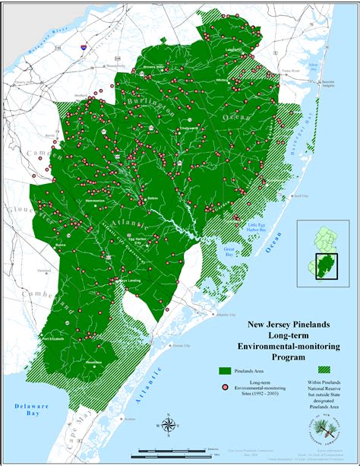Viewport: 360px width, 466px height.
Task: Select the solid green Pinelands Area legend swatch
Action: coord(225,370)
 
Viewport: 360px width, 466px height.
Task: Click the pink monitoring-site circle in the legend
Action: coord(225,388)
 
